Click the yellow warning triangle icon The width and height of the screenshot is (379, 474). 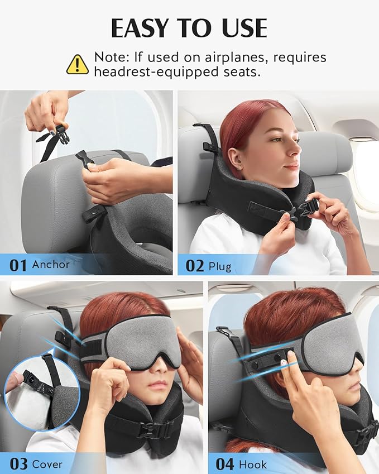(78, 64)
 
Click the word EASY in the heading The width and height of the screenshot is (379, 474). (140, 28)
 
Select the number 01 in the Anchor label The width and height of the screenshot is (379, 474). (18, 264)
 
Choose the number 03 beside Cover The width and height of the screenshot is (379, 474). (18, 464)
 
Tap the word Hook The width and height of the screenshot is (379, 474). (253, 464)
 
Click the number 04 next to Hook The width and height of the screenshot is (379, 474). (226, 464)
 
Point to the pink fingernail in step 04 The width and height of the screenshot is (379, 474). (284, 365)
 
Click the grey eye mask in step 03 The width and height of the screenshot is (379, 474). (142, 341)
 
